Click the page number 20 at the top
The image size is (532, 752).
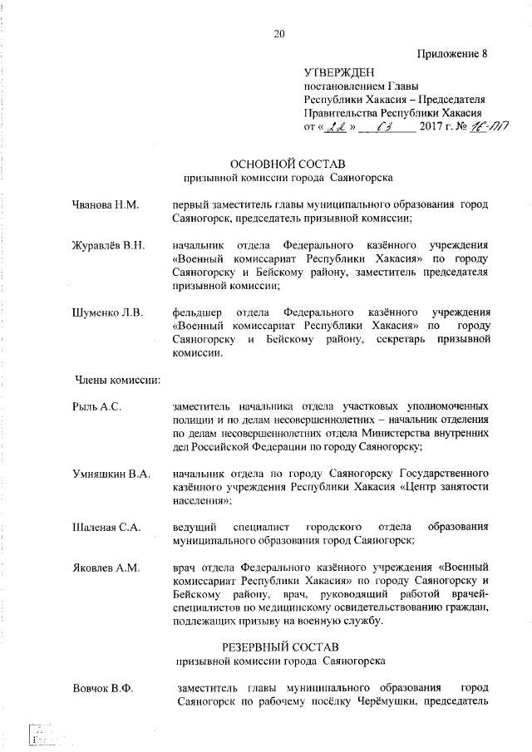pos(278,33)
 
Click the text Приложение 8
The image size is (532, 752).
pos(451,55)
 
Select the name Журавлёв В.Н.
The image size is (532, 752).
pos(109,245)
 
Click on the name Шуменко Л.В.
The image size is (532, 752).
pos(107,313)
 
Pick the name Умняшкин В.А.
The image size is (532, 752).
pos(111,474)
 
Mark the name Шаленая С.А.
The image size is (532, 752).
pos(107,528)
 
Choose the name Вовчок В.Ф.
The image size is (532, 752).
pos(103,689)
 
